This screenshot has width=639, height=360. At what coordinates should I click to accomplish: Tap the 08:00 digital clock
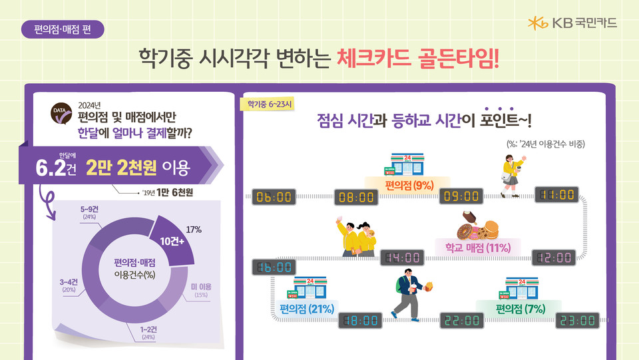(356, 196)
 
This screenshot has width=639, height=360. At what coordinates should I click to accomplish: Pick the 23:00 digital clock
(576, 320)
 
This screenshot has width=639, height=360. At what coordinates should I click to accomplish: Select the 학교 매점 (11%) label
(477, 248)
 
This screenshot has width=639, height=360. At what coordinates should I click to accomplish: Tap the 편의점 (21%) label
(307, 308)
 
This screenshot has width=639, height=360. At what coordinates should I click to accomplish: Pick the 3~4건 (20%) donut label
(69, 285)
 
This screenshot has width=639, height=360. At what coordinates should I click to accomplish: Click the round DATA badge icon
(62, 113)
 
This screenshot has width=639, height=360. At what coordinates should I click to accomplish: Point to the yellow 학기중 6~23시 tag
(270, 104)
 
